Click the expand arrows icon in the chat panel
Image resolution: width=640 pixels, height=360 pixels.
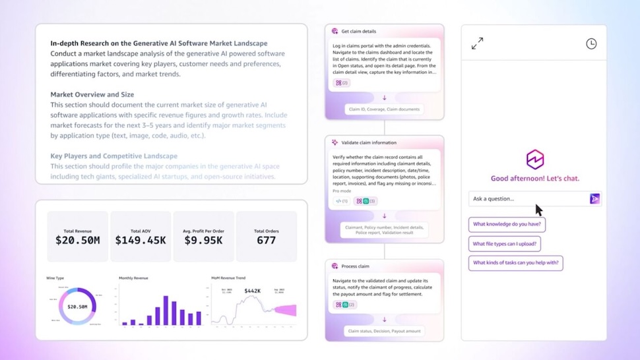477,44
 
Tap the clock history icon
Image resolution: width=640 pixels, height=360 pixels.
591,44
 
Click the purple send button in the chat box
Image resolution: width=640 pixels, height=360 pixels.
594,198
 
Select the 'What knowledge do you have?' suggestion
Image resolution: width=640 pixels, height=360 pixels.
507,225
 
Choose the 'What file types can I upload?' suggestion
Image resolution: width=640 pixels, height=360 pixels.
505,244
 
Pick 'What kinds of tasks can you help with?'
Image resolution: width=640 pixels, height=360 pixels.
516,263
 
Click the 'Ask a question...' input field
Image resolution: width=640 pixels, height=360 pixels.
528,198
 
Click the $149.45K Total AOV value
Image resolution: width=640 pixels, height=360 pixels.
141,240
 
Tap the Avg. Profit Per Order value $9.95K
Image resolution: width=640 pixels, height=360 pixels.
203,240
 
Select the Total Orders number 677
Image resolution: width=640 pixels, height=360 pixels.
266,240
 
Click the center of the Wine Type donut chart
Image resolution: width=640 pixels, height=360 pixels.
78,307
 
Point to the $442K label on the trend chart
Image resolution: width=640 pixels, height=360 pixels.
253,291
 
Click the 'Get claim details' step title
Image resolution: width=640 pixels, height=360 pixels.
358,31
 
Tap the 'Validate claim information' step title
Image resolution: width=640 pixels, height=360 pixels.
369,142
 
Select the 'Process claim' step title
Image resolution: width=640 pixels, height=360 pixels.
356,266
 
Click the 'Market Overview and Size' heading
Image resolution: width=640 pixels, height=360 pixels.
92,94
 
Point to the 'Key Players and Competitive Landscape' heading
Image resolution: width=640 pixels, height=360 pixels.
113,156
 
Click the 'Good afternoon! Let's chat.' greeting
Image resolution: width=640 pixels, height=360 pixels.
534,178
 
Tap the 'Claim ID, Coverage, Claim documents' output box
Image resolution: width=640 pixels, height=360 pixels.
384,109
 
